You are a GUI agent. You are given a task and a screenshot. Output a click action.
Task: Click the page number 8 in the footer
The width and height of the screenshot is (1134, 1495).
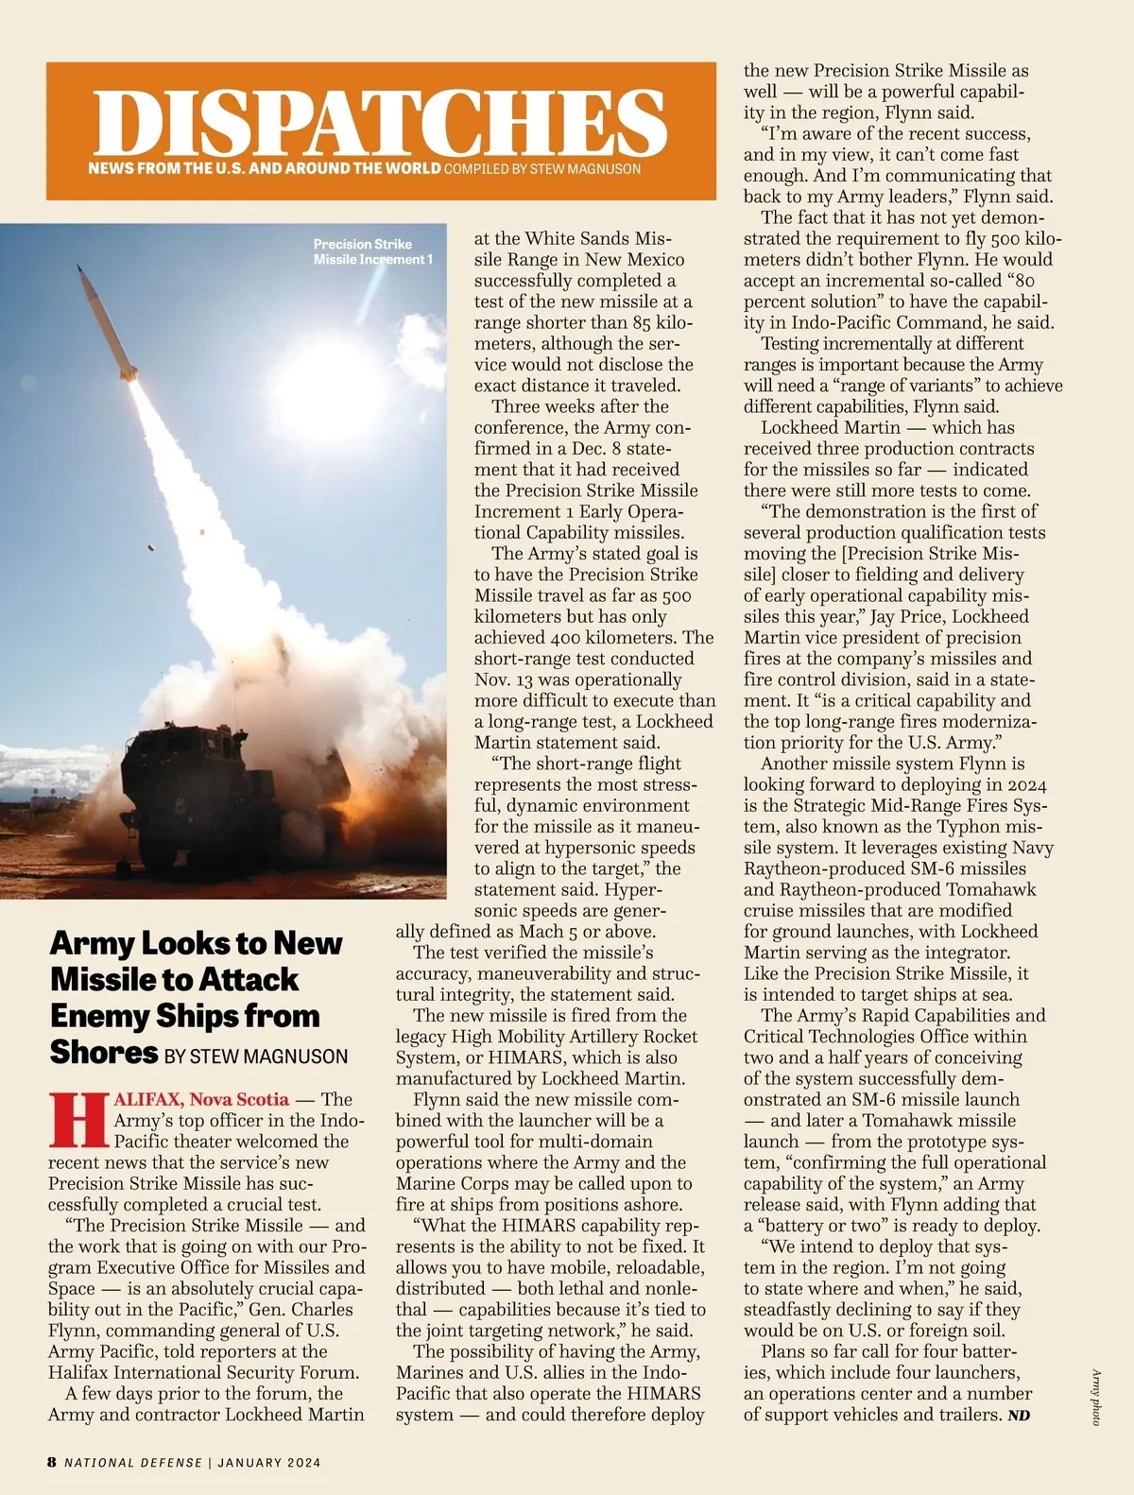52,1462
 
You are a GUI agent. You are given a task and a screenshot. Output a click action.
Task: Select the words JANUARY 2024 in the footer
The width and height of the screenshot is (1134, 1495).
269,1462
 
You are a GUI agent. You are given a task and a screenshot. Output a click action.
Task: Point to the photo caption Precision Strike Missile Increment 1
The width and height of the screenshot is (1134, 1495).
372,251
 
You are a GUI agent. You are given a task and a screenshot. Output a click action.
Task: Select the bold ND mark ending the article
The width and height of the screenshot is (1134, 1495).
1018,1416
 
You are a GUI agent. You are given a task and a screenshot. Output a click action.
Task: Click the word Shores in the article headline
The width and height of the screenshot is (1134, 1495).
104,1052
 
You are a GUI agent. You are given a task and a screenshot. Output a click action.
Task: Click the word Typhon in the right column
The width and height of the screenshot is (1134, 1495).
970,827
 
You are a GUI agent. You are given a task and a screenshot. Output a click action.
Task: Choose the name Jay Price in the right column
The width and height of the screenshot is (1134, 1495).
908,616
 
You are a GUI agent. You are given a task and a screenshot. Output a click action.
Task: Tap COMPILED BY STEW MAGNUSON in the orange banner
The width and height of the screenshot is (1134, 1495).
541,169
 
